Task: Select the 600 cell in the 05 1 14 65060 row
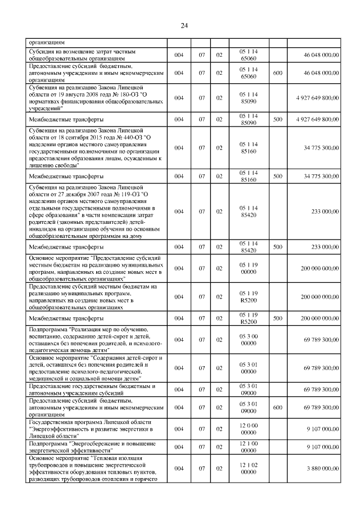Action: (x=277, y=73)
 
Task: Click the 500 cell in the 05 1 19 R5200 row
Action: (x=277, y=318)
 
